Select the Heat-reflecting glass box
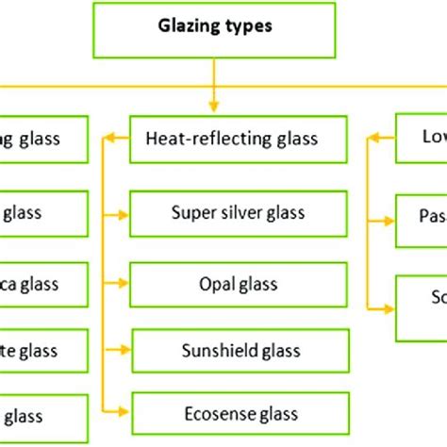tap(231, 139)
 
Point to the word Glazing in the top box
tap(189, 27)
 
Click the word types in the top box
tap(247, 27)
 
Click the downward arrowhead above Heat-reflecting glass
tap(215, 107)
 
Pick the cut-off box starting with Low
tap(421, 139)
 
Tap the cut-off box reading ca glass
tap(43, 284)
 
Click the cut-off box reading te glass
tap(43, 352)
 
